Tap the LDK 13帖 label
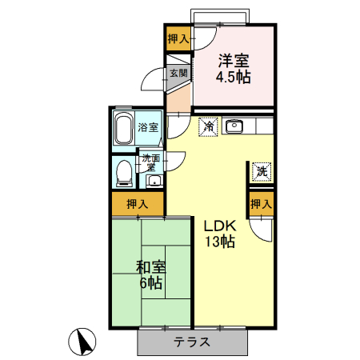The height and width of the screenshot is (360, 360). pyautogui.click(x=218, y=233)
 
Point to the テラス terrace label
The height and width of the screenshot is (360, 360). pyautogui.click(x=192, y=342)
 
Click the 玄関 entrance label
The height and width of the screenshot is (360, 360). pyautogui.click(x=178, y=73)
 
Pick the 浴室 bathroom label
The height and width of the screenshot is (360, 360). pyautogui.click(x=148, y=127)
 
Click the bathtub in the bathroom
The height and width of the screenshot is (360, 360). pyautogui.click(x=122, y=128)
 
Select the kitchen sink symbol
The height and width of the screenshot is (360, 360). pyautogui.click(x=234, y=126)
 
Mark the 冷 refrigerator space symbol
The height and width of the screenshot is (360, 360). pyautogui.click(x=208, y=126)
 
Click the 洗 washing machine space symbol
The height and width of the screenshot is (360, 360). pyautogui.click(x=261, y=170)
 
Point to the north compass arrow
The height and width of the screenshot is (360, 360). pyautogui.click(x=82, y=342)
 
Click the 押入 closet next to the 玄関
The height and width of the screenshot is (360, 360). pyautogui.click(x=178, y=38)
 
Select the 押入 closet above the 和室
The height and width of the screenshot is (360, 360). pyautogui.click(x=138, y=204)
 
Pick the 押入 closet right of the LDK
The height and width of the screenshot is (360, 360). pyautogui.click(x=261, y=204)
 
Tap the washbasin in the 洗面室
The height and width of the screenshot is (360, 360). pyautogui.click(x=154, y=180)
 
